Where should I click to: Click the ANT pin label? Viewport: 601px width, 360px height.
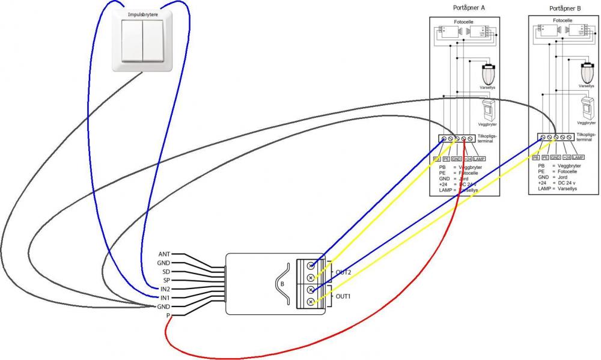click(x=164, y=254)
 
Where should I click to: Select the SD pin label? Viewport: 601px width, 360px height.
click(x=166, y=272)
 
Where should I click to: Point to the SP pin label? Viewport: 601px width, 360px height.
click(x=166, y=280)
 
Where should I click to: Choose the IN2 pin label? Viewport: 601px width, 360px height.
click(x=165, y=289)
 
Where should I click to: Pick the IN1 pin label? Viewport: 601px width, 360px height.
click(x=165, y=297)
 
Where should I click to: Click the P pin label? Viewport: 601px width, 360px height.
click(x=168, y=315)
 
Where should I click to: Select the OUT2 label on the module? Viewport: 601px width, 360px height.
click(x=343, y=272)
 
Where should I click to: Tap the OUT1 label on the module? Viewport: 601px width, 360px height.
click(x=343, y=296)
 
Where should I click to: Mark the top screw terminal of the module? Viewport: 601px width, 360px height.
click(x=311, y=266)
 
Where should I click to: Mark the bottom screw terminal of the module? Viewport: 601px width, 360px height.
click(x=311, y=301)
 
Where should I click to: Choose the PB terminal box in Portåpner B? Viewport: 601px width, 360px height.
click(x=535, y=157)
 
